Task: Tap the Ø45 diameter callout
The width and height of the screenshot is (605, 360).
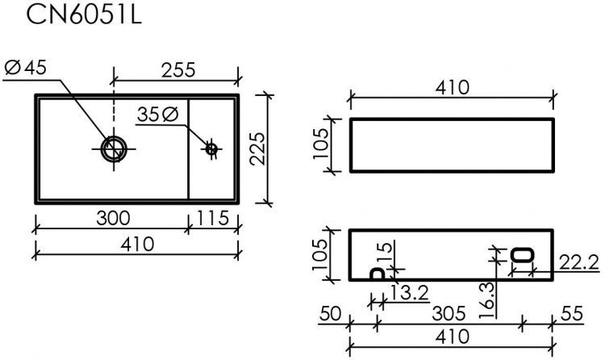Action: (26, 69)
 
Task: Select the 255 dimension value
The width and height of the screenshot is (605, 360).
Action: (177, 70)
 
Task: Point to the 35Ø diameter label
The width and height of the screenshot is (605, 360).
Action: (157, 115)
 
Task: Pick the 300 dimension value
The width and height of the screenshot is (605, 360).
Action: (113, 218)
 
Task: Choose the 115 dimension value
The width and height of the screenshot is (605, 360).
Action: (214, 218)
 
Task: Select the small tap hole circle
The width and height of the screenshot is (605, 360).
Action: (211, 149)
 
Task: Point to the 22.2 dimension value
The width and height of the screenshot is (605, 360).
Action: (578, 261)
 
